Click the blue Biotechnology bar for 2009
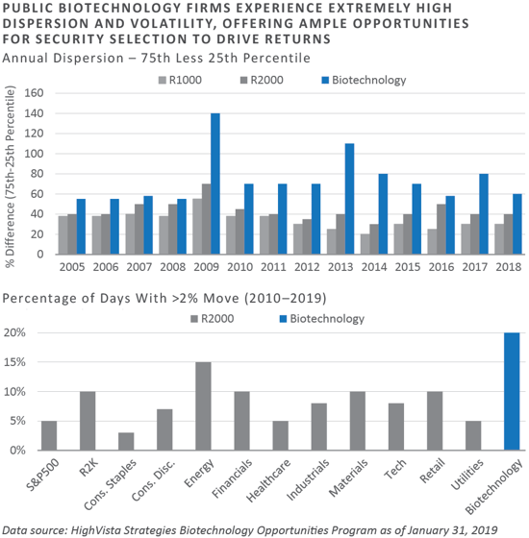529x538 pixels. tap(215, 183)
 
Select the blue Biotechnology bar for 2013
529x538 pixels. tap(350, 199)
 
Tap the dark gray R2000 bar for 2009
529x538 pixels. tap(207, 219)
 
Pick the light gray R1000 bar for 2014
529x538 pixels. tap(365, 244)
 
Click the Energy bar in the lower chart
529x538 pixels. tap(203, 405)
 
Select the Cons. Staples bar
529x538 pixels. tap(126, 441)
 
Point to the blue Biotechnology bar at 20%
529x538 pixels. tap(512, 391)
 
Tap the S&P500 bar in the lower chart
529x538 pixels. tap(49, 435)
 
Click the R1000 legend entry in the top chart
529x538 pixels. tap(180, 81)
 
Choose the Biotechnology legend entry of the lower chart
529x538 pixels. tap(322, 319)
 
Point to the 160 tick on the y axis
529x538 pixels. tap(34, 93)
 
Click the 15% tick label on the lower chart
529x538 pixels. tap(14, 362)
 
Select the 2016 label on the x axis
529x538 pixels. tap(441, 267)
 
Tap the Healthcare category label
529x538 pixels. tap(268, 480)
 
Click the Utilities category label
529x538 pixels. tap(467, 475)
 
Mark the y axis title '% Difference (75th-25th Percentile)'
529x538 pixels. tap(11, 177)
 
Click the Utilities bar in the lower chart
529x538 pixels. tap(473, 435)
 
